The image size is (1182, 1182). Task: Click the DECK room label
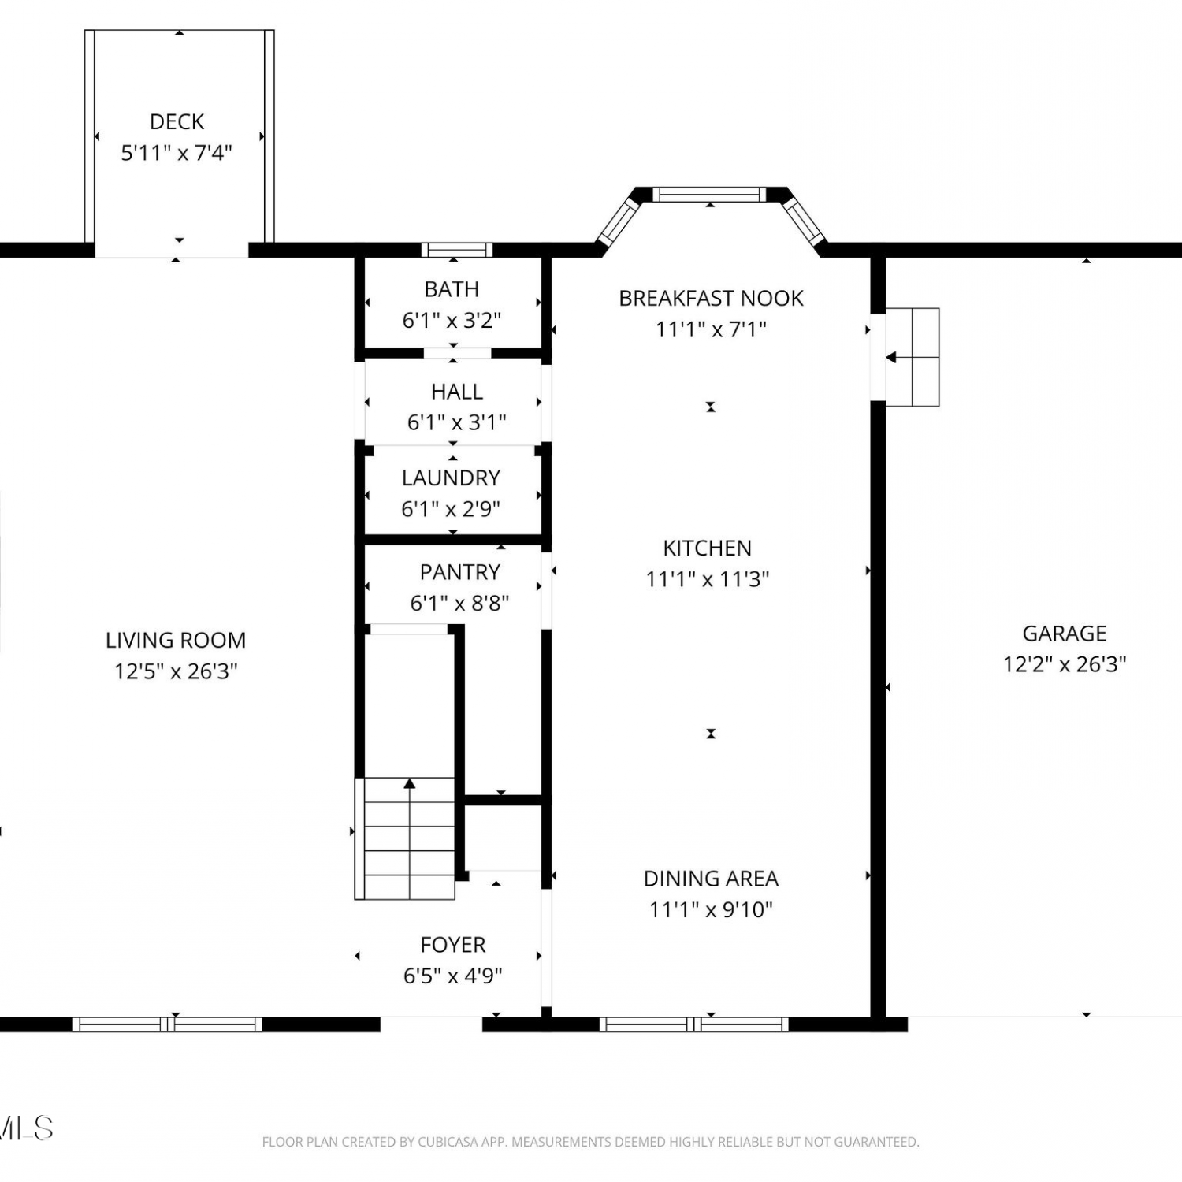pos(177,121)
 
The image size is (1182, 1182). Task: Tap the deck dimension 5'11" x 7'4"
pos(177,152)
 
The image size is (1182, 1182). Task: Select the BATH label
pos(452,289)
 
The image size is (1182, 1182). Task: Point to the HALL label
pos(457,392)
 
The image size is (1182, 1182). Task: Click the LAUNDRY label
pos(451,478)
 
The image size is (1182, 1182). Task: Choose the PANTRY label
pos(460,572)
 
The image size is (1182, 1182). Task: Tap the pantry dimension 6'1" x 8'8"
pos(460,603)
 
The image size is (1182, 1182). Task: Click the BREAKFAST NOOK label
pos(711,298)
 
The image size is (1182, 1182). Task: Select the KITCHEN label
pos(708,548)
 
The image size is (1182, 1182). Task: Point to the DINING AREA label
pos(711,879)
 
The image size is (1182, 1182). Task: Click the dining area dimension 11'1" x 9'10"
pos(711,909)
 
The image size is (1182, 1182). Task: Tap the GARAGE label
pos(1065,634)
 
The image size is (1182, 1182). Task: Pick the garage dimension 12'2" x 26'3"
pos(1065,664)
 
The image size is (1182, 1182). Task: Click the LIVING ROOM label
pos(176,640)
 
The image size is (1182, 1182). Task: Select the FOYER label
pos(453,945)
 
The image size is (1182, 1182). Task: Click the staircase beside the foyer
pos(405,838)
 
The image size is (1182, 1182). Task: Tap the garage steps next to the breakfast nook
pos(913,357)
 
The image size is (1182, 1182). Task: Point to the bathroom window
pos(457,250)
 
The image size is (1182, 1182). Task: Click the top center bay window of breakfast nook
pos(709,194)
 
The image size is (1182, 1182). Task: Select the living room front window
pos(168,1024)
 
